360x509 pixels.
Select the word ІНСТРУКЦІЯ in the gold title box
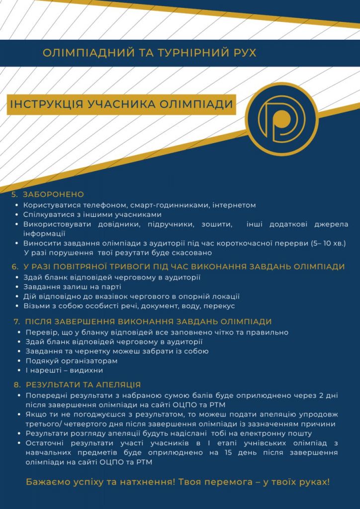46,104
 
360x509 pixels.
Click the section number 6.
14,267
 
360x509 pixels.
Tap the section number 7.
16,322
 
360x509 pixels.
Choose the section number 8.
16,385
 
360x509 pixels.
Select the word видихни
88,370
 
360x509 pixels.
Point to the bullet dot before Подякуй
18,361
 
